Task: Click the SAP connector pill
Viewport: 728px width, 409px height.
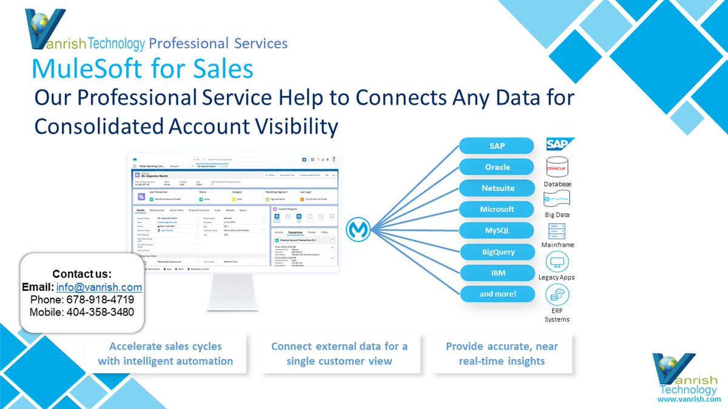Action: click(497, 146)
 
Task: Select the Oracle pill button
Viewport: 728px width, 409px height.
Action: click(497, 167)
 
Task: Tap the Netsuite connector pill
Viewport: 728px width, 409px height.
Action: click(497, 188)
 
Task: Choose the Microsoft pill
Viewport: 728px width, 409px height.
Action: click(497, 210)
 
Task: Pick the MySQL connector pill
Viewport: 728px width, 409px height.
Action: click(497, 231)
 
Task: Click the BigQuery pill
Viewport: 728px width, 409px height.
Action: click(497, 252)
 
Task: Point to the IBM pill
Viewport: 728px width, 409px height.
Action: click(497, 273)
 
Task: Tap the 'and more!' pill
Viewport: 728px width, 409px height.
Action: click(497, 294)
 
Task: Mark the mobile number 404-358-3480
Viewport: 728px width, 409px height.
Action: click(100, 313)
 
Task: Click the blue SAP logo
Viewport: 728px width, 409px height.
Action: click(558, 145)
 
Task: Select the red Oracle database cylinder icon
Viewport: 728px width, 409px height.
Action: click(556, 167)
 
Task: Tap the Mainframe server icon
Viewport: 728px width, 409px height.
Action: click(557, 231)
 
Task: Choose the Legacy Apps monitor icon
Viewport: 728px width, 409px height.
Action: click(556, 262)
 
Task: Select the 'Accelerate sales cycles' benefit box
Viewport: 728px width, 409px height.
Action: click(165, 354)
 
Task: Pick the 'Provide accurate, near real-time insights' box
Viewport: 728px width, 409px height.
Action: click(502, 354)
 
